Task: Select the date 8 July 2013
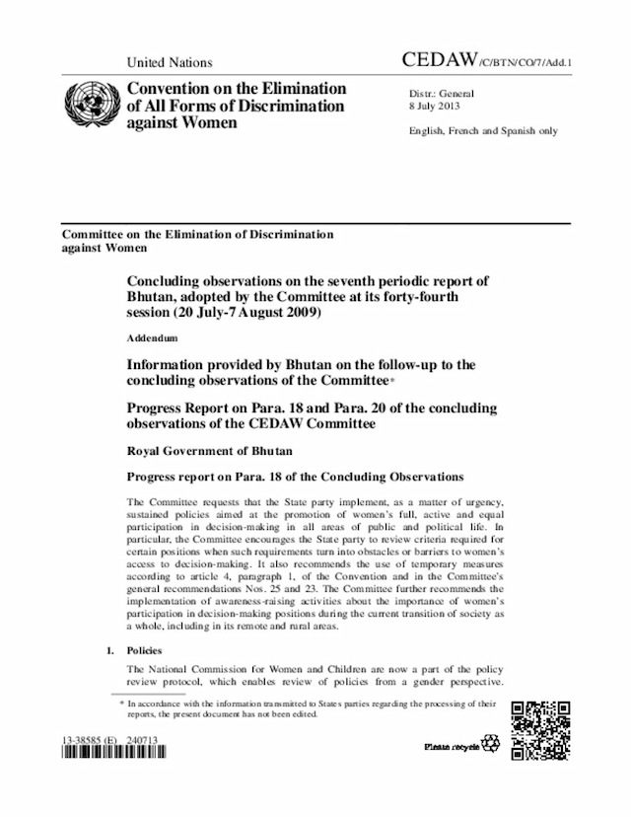pos(434,106)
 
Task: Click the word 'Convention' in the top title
pos(172,88)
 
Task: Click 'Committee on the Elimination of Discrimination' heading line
pos(197,235)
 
